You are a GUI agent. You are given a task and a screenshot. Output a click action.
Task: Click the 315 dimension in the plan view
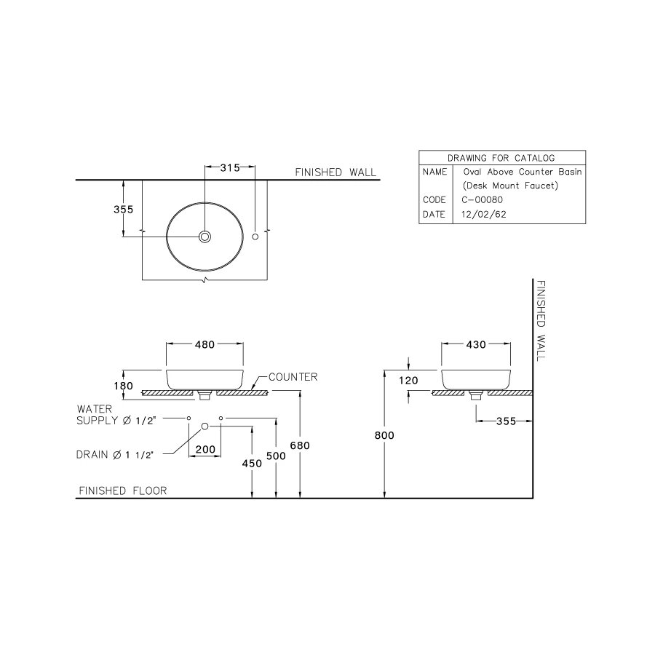coord(230,168)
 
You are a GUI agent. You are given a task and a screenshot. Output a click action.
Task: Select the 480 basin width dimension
coord(204,345)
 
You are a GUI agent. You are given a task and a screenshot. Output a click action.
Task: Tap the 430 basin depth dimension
coord(475,345)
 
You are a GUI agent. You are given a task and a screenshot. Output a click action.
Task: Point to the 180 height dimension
coord(124,386)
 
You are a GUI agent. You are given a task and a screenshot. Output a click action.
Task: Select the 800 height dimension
coord(384,435)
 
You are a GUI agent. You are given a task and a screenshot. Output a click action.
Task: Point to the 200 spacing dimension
coord(205,450)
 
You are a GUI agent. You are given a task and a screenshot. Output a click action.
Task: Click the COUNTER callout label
coord(293,377)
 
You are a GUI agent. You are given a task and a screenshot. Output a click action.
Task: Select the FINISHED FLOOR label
coord(122,491)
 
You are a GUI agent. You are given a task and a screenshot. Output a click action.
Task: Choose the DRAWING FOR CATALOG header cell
coord(501,157)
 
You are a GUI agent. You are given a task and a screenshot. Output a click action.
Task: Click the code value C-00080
coord(482,199)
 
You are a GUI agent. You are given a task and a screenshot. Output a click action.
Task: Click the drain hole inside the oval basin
coord(205,237)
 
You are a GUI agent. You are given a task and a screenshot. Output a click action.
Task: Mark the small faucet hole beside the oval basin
coord(255,237)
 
